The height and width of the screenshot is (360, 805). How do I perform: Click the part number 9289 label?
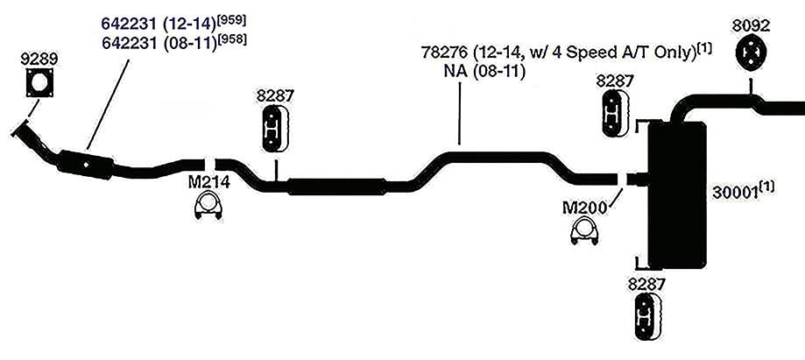(x=39, y=59)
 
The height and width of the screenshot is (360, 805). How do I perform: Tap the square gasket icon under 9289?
(x=40, y=82)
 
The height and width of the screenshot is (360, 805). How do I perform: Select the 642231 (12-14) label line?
(x=173, y=24)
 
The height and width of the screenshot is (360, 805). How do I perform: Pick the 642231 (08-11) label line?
(x=173, y=43)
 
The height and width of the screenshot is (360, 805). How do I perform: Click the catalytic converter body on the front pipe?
(x=86, y=165)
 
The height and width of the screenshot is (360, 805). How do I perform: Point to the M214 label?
(x=209, y=182)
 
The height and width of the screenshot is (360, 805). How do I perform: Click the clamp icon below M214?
(x=208, y=207)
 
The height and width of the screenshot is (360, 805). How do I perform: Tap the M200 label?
(x=584, y=208)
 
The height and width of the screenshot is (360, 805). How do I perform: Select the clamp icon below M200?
(x=584, y=231)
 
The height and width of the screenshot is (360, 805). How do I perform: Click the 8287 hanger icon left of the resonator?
(x=275, y=129)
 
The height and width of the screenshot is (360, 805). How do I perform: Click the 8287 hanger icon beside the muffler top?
(x=615, y=114)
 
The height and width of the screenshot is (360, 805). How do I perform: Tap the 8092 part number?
(x=751, y=26)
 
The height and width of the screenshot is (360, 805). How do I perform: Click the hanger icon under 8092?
(x=751, y=54)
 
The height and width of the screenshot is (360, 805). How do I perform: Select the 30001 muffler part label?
(x=743, y=192)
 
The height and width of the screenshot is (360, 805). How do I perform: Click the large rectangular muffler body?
(x=677, y=195)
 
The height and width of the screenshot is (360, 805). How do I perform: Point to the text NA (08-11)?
(x=484, y=72)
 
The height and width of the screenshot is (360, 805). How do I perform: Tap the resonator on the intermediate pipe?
(x=336, y=187)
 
